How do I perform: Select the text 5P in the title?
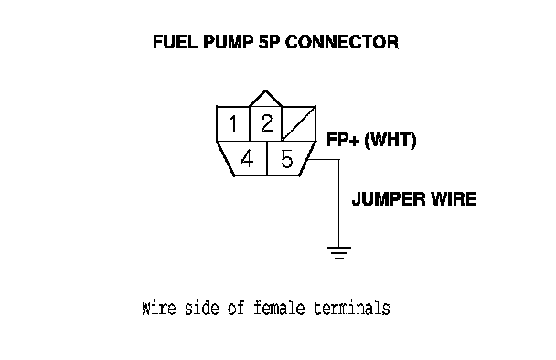(269, 42)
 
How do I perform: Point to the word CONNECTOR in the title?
(342, 42)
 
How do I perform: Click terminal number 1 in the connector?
(233, 124)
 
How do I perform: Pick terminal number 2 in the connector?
(266, 123)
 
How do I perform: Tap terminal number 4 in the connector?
(247, 158)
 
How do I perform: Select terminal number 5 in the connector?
(286, 158)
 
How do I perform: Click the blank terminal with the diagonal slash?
(298, 123)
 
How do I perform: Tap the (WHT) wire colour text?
(390, 140)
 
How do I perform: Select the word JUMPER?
(389, 199)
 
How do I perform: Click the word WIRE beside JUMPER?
(454, 199)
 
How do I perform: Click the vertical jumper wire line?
(339, 203)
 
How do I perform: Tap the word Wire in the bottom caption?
(158, 308)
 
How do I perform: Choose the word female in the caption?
(279, 308)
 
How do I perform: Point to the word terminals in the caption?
(352, 308)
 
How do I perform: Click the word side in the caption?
(202, 308)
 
